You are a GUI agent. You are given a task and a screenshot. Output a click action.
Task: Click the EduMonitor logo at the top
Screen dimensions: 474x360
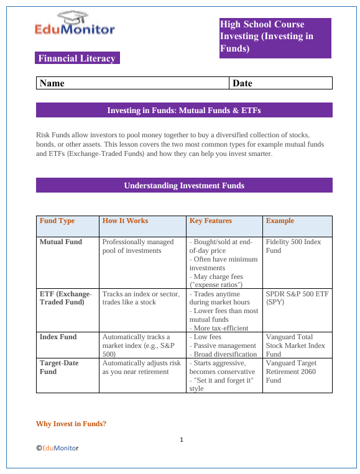(75, 24)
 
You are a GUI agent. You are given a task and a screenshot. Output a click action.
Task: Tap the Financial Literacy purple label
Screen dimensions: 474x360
(77, 58)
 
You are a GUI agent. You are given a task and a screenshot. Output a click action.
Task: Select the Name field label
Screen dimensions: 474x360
(52, 83)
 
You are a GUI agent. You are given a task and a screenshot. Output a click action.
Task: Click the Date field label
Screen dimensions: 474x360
(242, 83)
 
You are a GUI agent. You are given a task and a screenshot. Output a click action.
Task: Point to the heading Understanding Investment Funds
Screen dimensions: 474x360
(184, 185)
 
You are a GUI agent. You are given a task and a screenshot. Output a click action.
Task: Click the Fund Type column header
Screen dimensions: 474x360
(57, 221)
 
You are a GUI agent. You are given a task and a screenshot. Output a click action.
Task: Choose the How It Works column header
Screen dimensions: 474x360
(125, 221)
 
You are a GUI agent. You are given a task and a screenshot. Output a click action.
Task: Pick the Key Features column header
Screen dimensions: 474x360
(210, 221)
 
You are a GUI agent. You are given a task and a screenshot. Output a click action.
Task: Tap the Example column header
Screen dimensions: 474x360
(280, 221)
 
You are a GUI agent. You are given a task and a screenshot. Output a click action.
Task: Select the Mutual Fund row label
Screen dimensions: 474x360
(60, 242)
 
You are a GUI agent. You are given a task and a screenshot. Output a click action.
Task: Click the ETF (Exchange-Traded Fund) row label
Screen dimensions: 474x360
(65, 298)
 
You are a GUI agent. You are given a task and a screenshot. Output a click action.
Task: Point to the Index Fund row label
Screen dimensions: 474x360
(58, 337)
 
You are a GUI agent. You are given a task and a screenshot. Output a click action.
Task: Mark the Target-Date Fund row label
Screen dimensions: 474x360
(60, 367)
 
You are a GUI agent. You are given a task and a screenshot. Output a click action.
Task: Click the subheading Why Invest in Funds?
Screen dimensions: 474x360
(72, 424)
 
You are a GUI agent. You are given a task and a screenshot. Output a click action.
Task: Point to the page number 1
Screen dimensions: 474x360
(181, 440)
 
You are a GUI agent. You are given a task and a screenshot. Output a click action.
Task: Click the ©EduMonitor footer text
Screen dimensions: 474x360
(57, 447)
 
